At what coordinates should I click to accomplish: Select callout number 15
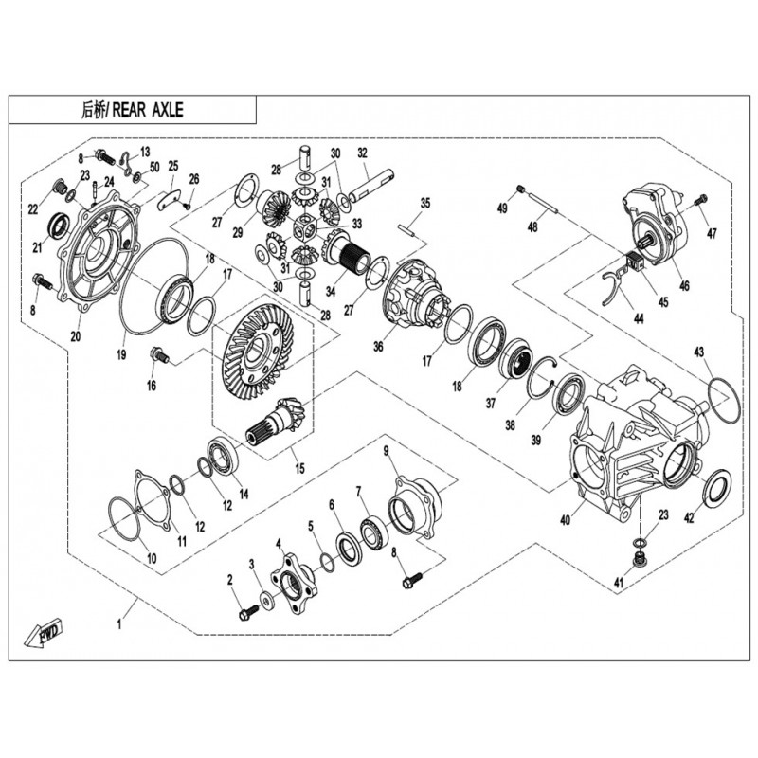point(300,468)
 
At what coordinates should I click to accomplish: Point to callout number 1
point(119,623)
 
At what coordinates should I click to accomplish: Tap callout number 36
point(378,346)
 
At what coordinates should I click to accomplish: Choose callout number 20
point(76,334)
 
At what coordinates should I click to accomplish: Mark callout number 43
point(699,352)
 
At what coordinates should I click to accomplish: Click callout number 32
point(362,153)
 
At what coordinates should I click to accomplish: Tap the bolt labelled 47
point(701,201)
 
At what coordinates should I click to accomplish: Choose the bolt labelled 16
point(159,356)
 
